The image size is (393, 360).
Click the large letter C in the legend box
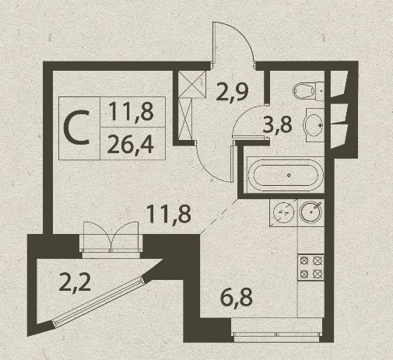77,128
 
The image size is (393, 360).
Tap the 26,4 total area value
131,145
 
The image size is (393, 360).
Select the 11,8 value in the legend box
132,111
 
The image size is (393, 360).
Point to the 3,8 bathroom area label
277,124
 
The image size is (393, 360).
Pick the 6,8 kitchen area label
237,298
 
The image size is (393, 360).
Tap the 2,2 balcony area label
75,282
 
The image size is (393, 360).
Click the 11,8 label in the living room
169,214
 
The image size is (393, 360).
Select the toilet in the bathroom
308,91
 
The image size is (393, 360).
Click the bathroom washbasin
315,125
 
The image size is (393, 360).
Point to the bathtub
286,175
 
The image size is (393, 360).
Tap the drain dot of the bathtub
289,175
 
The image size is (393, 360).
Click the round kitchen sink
311,211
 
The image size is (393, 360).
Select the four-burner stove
311,267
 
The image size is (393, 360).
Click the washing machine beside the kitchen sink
283,212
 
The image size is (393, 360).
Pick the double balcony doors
111,237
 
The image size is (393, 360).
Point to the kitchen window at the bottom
277,334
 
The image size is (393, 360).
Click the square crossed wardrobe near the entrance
192,84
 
